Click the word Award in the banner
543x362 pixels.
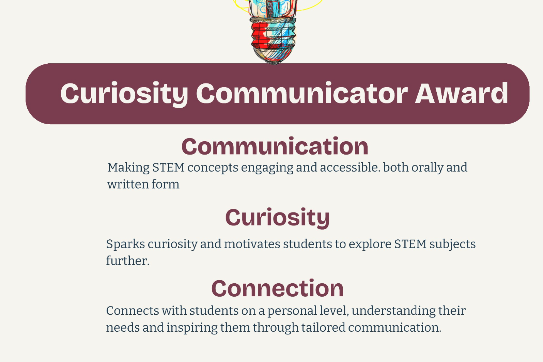[x=462, y=93]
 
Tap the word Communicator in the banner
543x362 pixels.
[x=302, y=93]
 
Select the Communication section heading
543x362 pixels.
[x=275, y=146]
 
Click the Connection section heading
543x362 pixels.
[x=278, y=288]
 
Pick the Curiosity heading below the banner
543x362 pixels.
[x=278, y=218]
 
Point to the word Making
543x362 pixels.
[x=128, y=168]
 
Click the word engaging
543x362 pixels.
[x=267, y=168]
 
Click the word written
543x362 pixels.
[x=128, y=184]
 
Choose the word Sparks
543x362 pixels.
[x=126, y=244]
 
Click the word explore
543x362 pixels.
[x=370, y=244]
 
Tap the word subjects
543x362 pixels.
[x=452, y=244]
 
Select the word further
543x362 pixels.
[x=128, y=261]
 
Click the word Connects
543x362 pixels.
[x=133, y=311]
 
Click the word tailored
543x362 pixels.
[x=323, y=327]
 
